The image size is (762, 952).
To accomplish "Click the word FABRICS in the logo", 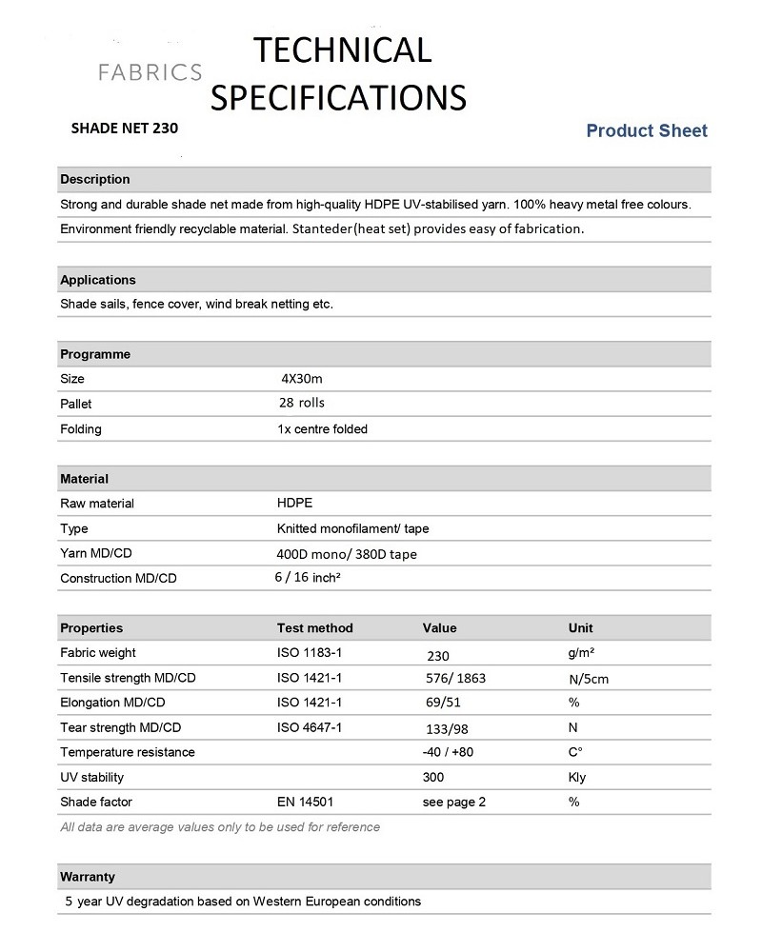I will (x=151, y=71).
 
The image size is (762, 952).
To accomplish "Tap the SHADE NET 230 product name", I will (x=124, y=126).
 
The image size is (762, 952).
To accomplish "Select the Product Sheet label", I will (x=647, y=130).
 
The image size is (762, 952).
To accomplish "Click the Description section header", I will (x=95, y=179).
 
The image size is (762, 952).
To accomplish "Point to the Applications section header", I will (x=98, y=280).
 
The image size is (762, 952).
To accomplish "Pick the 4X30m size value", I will (x=300, y=379).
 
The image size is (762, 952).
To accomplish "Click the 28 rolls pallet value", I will (x=302, y=403).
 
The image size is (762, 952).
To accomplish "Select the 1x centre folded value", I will (x=322, y=429).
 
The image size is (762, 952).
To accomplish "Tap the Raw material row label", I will (x=97, y=504).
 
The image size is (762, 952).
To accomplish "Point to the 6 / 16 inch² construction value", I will (x=307, y=577).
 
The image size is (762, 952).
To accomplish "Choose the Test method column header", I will (x=315, y=628).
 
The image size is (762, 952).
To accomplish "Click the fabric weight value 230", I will (x=438, y=655).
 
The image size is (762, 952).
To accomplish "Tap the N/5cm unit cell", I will (x=588, y=679).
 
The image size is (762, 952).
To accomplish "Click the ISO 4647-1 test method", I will (x=310, y=728).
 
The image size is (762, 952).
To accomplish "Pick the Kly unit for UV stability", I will (x=577, y=777).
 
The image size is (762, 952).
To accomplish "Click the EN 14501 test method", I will (x=305, y=802).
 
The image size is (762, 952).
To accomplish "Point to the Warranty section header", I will (x=88, y=876).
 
